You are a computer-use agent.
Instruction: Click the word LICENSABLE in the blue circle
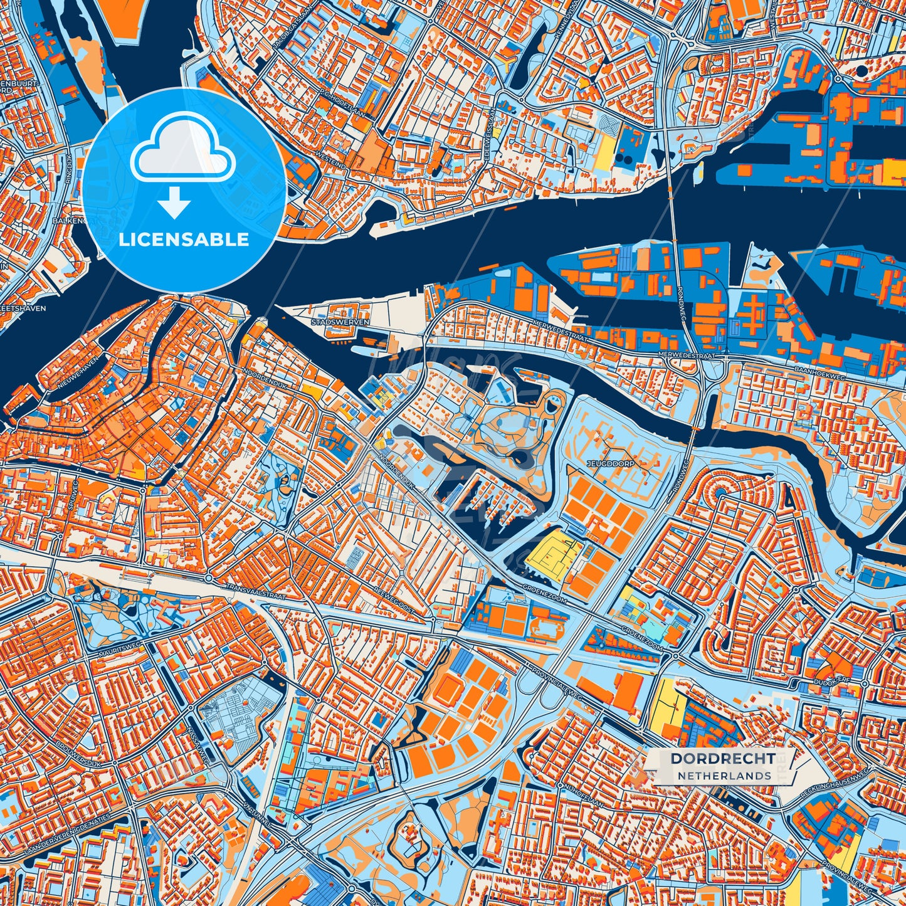(x=184, y=240)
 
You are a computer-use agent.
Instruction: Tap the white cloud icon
(x=183, y=154)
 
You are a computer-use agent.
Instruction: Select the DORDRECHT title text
(x=722, y=758)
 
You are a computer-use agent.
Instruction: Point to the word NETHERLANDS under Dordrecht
(x=724, y=776)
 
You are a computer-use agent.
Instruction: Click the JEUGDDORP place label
(x=611, y=463)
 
